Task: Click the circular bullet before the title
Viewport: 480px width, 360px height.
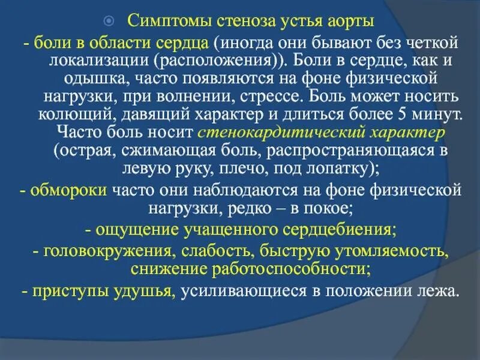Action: (108, 21)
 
